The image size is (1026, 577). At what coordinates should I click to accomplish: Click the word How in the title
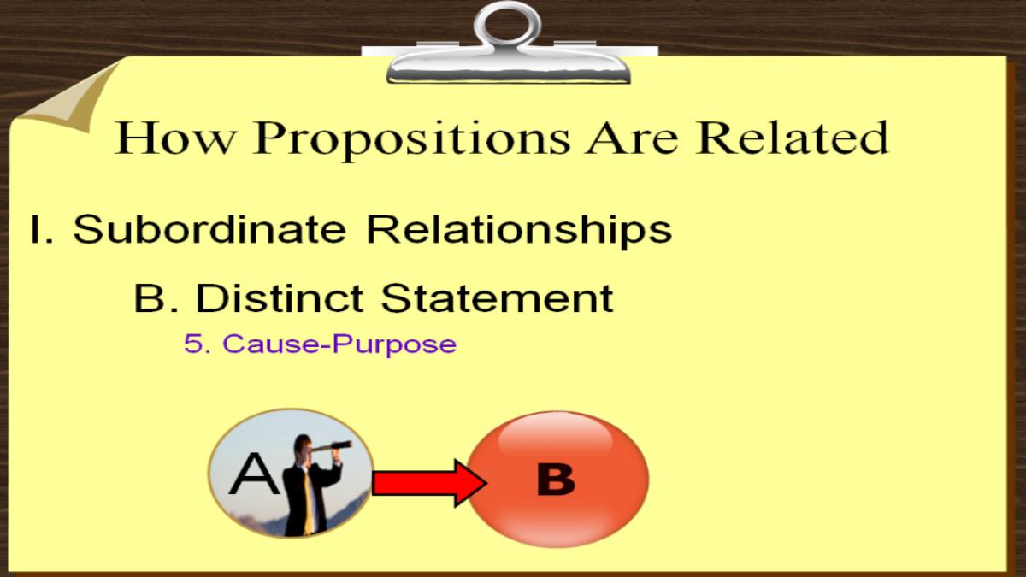(x=174, y=138)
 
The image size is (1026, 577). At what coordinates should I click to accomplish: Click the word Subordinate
(x=209, y=228)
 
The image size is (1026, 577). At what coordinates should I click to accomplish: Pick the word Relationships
(x=520, y=232)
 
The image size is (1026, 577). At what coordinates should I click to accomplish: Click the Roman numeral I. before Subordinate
(x=41, y=229)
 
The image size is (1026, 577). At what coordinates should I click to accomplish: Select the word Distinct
(x=280, y=297)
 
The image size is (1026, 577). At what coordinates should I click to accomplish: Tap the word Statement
(x=497, y=297)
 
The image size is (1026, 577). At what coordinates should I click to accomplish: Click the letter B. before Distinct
(x=156, y=298)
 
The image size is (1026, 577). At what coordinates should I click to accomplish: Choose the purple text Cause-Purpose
(x=339, y=344)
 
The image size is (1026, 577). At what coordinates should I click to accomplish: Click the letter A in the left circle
(x=255, y=474)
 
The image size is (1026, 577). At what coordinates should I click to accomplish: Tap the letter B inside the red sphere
(x=556, y=480)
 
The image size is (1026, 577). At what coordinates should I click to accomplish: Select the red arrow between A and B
(x=429, y=483)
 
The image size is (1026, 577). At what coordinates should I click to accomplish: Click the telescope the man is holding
(x=331, y=446)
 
